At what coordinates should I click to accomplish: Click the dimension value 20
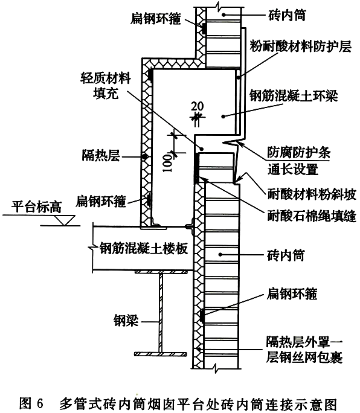197,106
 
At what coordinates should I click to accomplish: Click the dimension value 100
167,163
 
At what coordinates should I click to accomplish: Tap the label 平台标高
36,206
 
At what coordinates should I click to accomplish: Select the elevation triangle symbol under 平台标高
65,220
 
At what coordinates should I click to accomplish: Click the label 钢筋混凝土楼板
144,249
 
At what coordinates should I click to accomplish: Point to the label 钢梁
126,321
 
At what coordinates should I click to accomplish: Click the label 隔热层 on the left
101,155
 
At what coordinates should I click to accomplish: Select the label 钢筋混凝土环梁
294,96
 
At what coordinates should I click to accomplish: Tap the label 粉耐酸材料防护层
300,46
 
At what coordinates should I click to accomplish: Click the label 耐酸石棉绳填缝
312,216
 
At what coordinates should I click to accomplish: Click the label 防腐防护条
299,152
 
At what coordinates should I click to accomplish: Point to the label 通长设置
293,169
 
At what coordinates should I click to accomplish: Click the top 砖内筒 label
288,14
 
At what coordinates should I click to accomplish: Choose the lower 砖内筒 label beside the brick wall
286,255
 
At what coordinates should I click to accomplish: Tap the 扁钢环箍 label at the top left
156,19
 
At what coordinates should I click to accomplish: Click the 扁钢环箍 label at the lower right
292,293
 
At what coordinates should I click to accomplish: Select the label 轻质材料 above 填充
106,78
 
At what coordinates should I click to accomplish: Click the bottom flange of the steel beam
161,354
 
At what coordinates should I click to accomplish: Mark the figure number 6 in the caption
39,403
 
